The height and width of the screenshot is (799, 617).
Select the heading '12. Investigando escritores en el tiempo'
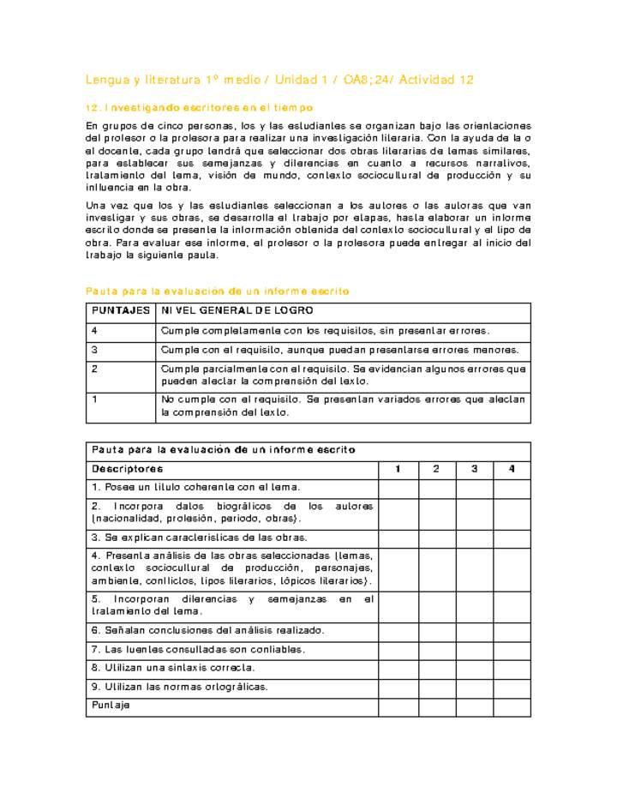tap(200, 108)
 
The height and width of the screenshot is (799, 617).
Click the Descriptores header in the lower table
tap(128, 469)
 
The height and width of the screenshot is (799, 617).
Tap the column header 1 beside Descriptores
tap(398, 469)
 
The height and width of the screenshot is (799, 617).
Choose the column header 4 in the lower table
tap(512, 469)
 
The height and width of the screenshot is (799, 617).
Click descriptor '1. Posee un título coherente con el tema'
tap(196, 488)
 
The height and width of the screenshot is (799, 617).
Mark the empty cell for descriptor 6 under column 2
tap(436, 630)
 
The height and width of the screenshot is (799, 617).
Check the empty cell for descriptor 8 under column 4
tap(512, 667)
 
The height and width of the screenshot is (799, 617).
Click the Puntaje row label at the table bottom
tap(111, 705)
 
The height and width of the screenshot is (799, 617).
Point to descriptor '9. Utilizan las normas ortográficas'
tap(180, 686)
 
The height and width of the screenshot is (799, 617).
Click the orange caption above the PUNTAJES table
tap(218, 291)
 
